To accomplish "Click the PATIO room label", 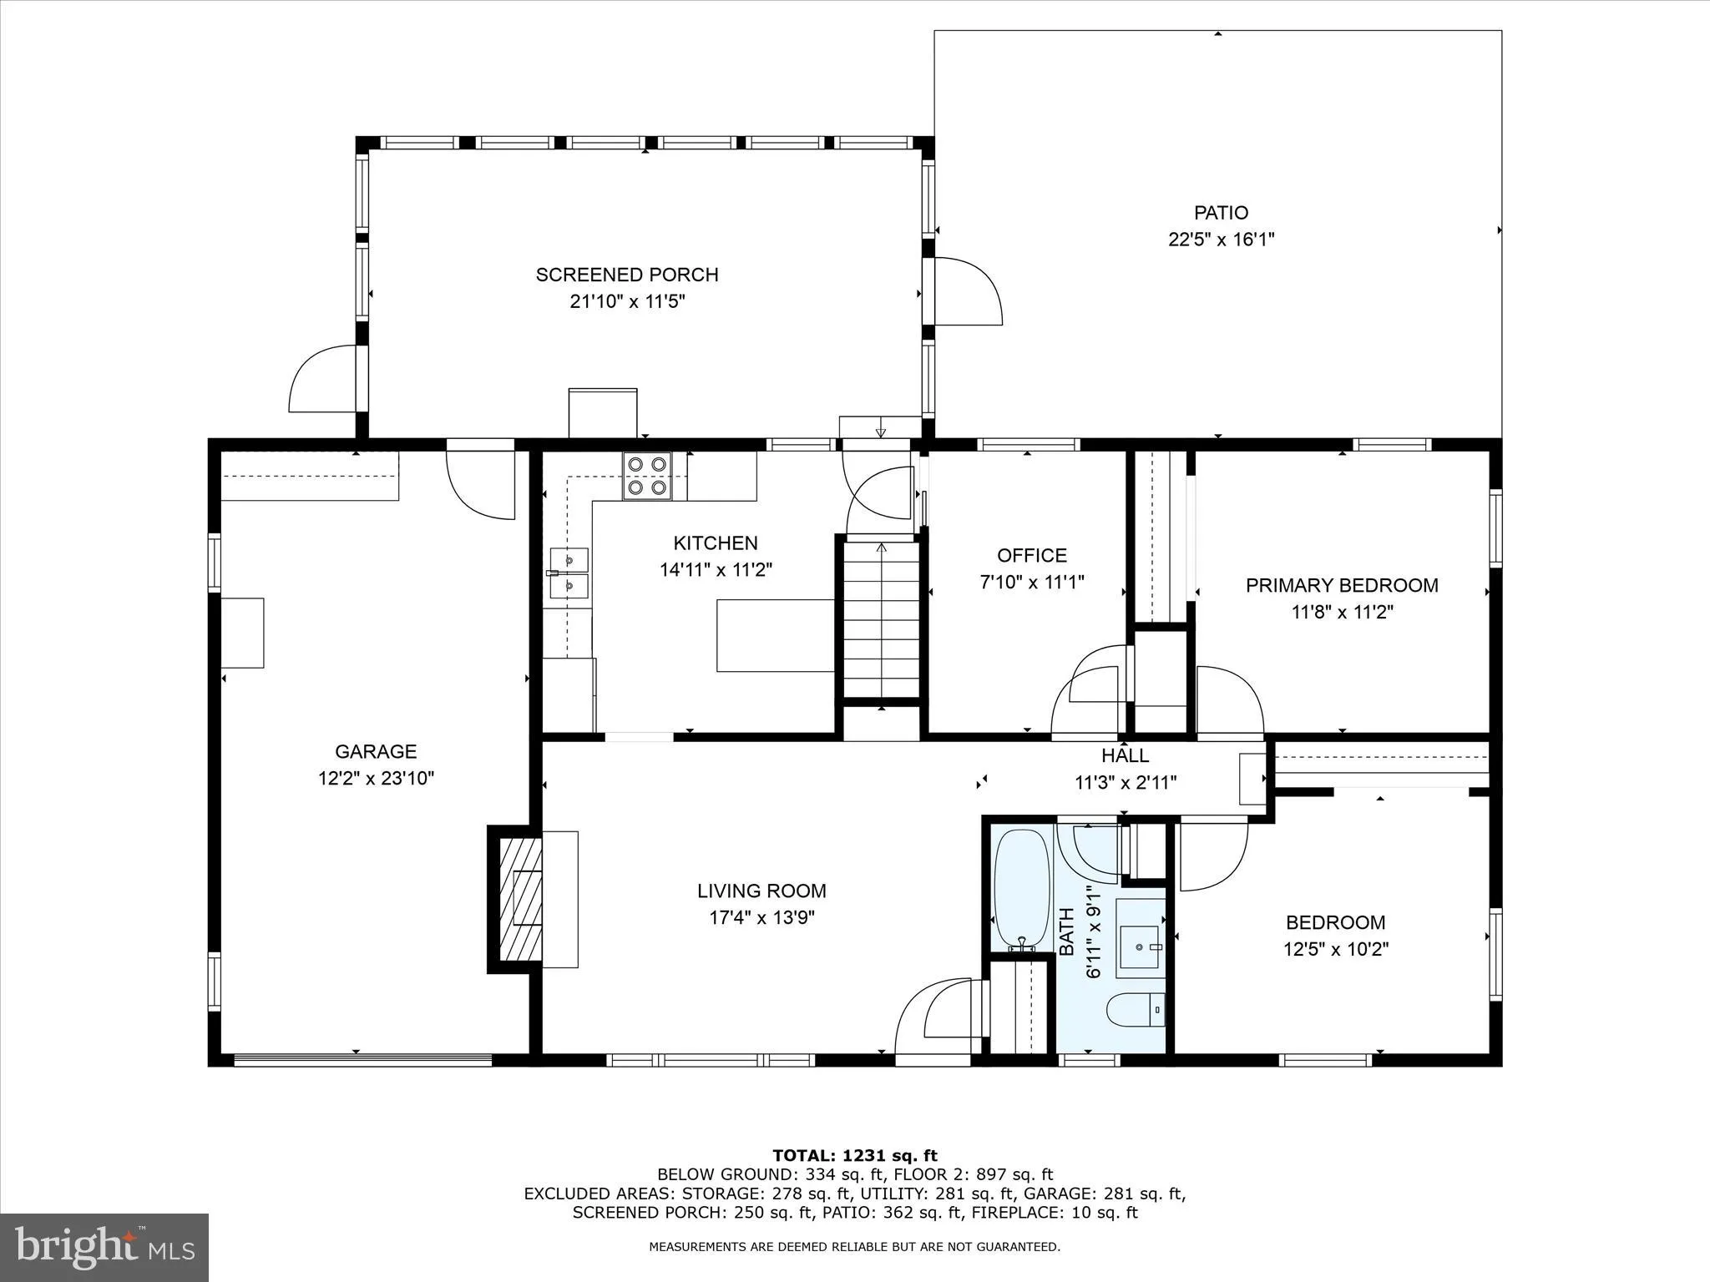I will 1221,213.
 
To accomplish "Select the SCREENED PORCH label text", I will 627,275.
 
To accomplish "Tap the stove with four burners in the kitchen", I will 647,476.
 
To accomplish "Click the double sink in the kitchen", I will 569,573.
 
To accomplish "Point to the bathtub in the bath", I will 1020,889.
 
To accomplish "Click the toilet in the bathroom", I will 1135,1011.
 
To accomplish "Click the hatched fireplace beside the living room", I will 520,899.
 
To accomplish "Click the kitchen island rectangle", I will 775,635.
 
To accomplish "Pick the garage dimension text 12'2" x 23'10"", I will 376,779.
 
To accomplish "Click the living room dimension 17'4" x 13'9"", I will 761,918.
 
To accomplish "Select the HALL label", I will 1125,756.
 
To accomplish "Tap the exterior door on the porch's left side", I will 324,380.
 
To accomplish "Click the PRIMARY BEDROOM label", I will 1342,585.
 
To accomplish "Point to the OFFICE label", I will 1032,556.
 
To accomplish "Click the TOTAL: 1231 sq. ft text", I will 855,1156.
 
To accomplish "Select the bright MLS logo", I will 104,1248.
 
